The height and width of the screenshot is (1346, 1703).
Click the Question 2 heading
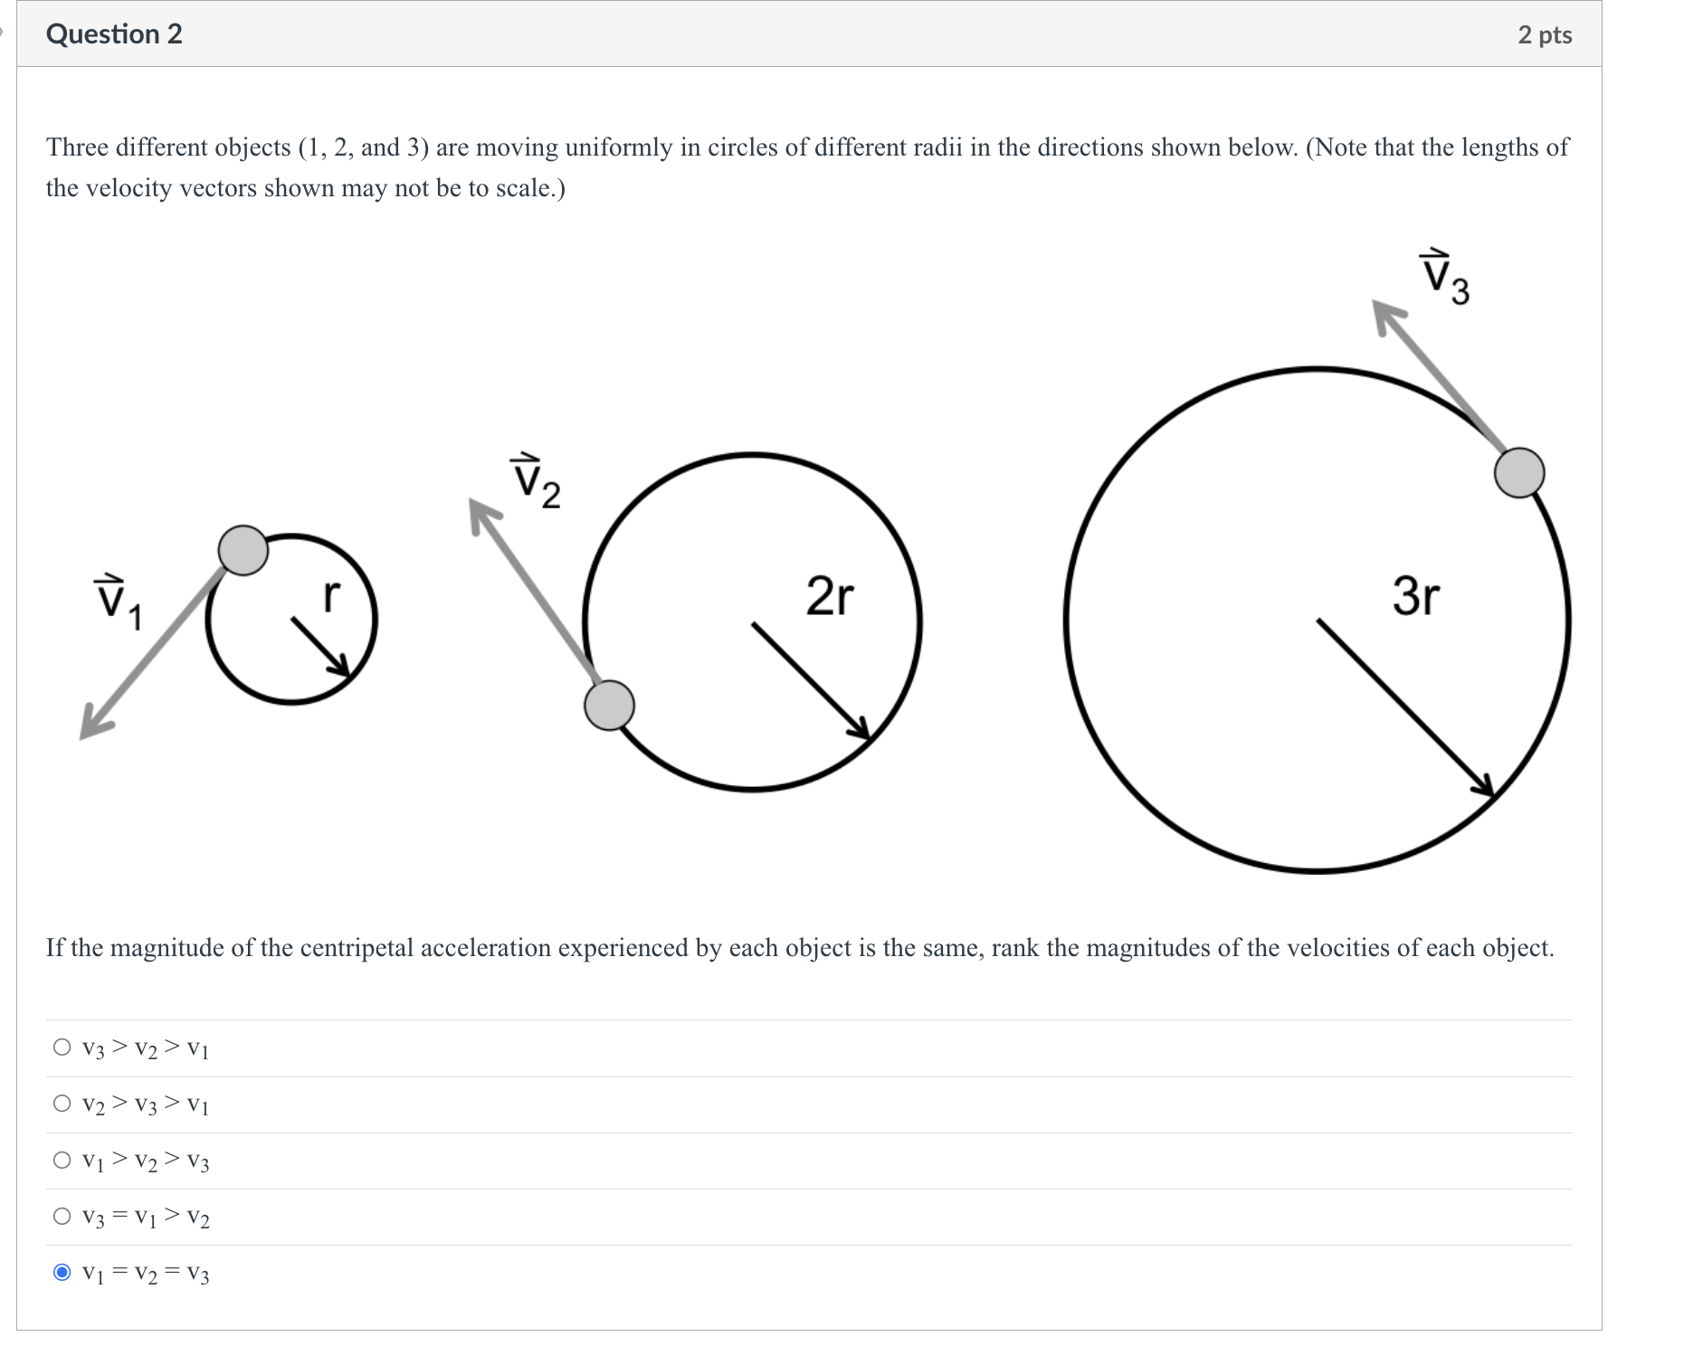[x=114, y=34]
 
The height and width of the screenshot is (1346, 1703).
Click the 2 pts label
[x=1545, y=35]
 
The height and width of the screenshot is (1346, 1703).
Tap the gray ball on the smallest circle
[x=243, y=550]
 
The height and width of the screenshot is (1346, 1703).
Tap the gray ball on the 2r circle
[x=609, y=706]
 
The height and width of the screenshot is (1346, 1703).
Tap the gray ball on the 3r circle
[x=1518, y=472]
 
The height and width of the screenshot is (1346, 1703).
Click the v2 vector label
[x=536, y=481]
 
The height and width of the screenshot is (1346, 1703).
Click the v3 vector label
[x=1444, y=278]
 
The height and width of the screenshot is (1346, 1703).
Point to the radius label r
[x=331, y=595]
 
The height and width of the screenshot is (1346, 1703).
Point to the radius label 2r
[x=829, y=596]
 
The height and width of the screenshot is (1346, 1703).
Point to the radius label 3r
[x=1415, y=596]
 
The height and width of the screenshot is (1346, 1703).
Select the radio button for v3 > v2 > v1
[x=62, y=1047]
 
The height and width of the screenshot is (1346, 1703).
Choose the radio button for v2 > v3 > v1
[x=62, y=1104]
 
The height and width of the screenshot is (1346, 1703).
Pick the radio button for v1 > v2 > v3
[x=62, y=1160]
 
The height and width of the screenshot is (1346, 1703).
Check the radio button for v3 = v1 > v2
[x=62, y=1216]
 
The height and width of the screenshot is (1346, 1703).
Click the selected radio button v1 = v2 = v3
[x=62, y=1273]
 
